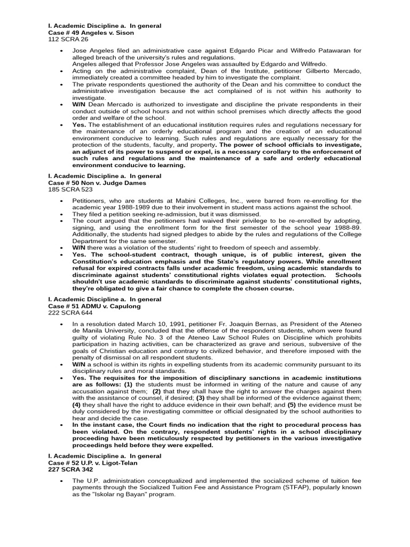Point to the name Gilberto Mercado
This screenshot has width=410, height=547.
pyautogui.click(x=335, y=71)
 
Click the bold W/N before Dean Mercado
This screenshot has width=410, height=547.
pyautogui.click(x=79, y=104)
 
